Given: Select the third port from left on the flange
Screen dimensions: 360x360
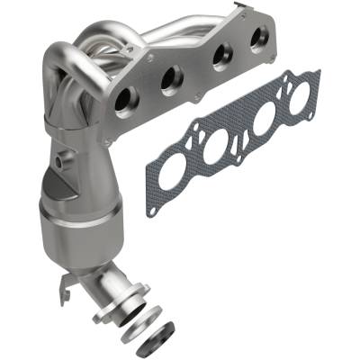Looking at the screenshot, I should coord(216,62).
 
